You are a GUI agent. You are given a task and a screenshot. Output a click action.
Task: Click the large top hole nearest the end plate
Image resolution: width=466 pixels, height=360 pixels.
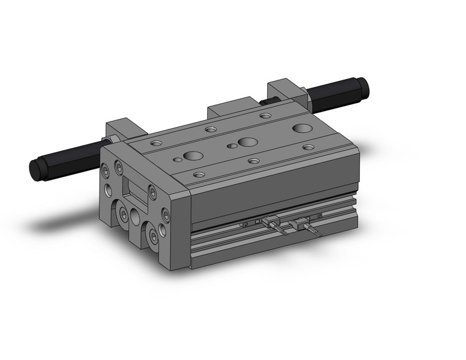[x=193, y=155]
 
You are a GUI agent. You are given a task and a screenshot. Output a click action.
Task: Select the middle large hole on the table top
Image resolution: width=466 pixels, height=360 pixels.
[x=248, y=142]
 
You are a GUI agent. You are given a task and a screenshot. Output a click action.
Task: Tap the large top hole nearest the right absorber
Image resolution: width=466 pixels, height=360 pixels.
[x=301, y=128]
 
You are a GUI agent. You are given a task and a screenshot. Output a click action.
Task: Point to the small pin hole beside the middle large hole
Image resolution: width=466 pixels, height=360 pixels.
[x=231, y=146]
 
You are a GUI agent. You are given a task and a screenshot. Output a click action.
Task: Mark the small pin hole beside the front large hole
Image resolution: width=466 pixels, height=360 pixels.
[x=177, y=160]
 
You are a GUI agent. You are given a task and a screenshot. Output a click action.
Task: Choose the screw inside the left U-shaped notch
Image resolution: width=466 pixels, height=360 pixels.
[x=124, y=215]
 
